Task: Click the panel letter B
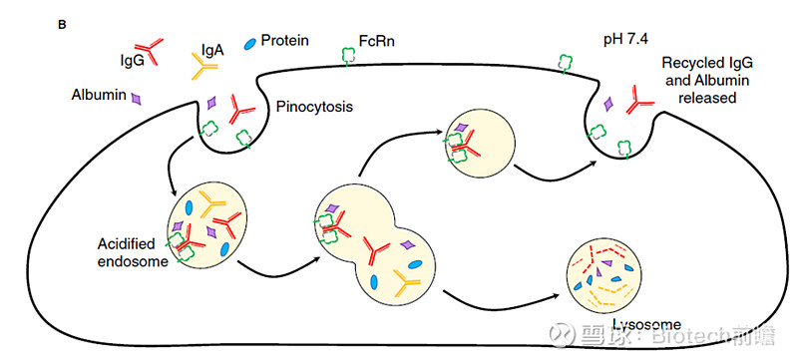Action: click(x=63, y=23)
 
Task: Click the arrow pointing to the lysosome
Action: click(x=499, y=297)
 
